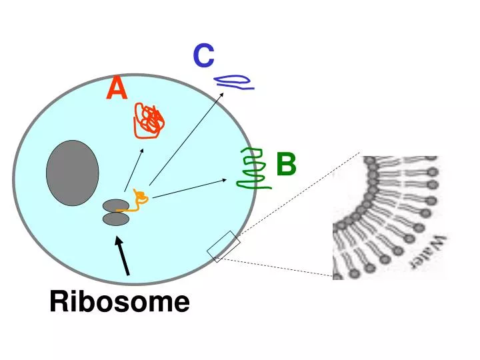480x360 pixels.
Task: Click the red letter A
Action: point(117,89)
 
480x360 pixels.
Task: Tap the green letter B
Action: point(285,164)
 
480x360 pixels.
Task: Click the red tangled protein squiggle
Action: point(149,121)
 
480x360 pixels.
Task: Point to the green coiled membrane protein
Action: point(253,169)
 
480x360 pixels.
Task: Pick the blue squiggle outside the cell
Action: point(233,81)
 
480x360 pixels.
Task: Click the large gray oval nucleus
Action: point(73,173)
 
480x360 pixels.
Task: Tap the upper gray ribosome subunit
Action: point(115,205)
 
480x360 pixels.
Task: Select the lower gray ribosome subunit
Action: point(115,219)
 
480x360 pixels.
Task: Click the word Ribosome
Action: point(119,302)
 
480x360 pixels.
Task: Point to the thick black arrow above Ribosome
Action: point(123,257)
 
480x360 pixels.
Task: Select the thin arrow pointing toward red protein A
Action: point(133,169)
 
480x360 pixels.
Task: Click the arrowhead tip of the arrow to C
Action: point(223,93)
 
